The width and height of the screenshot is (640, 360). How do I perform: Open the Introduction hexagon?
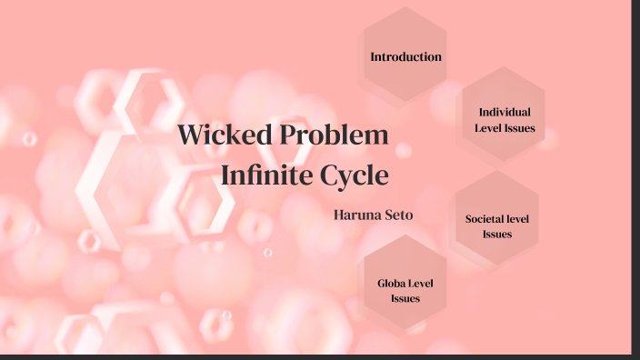(x=405, y=56)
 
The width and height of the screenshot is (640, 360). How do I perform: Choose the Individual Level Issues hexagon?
(x=504, y=119)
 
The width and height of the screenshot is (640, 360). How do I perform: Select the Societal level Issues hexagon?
(x=497, y=225)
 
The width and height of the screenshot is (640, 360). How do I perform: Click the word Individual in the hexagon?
(x=505, y=112)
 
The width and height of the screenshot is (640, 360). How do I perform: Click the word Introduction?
(x=405, y=56)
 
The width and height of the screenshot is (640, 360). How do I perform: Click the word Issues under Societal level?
(x=497, y=234)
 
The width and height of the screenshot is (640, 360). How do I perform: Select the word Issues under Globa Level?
(x=405, y=298)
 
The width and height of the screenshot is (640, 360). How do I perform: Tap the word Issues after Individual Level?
(x=520, y=128)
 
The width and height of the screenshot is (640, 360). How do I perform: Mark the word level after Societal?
(x=519, y=219)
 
